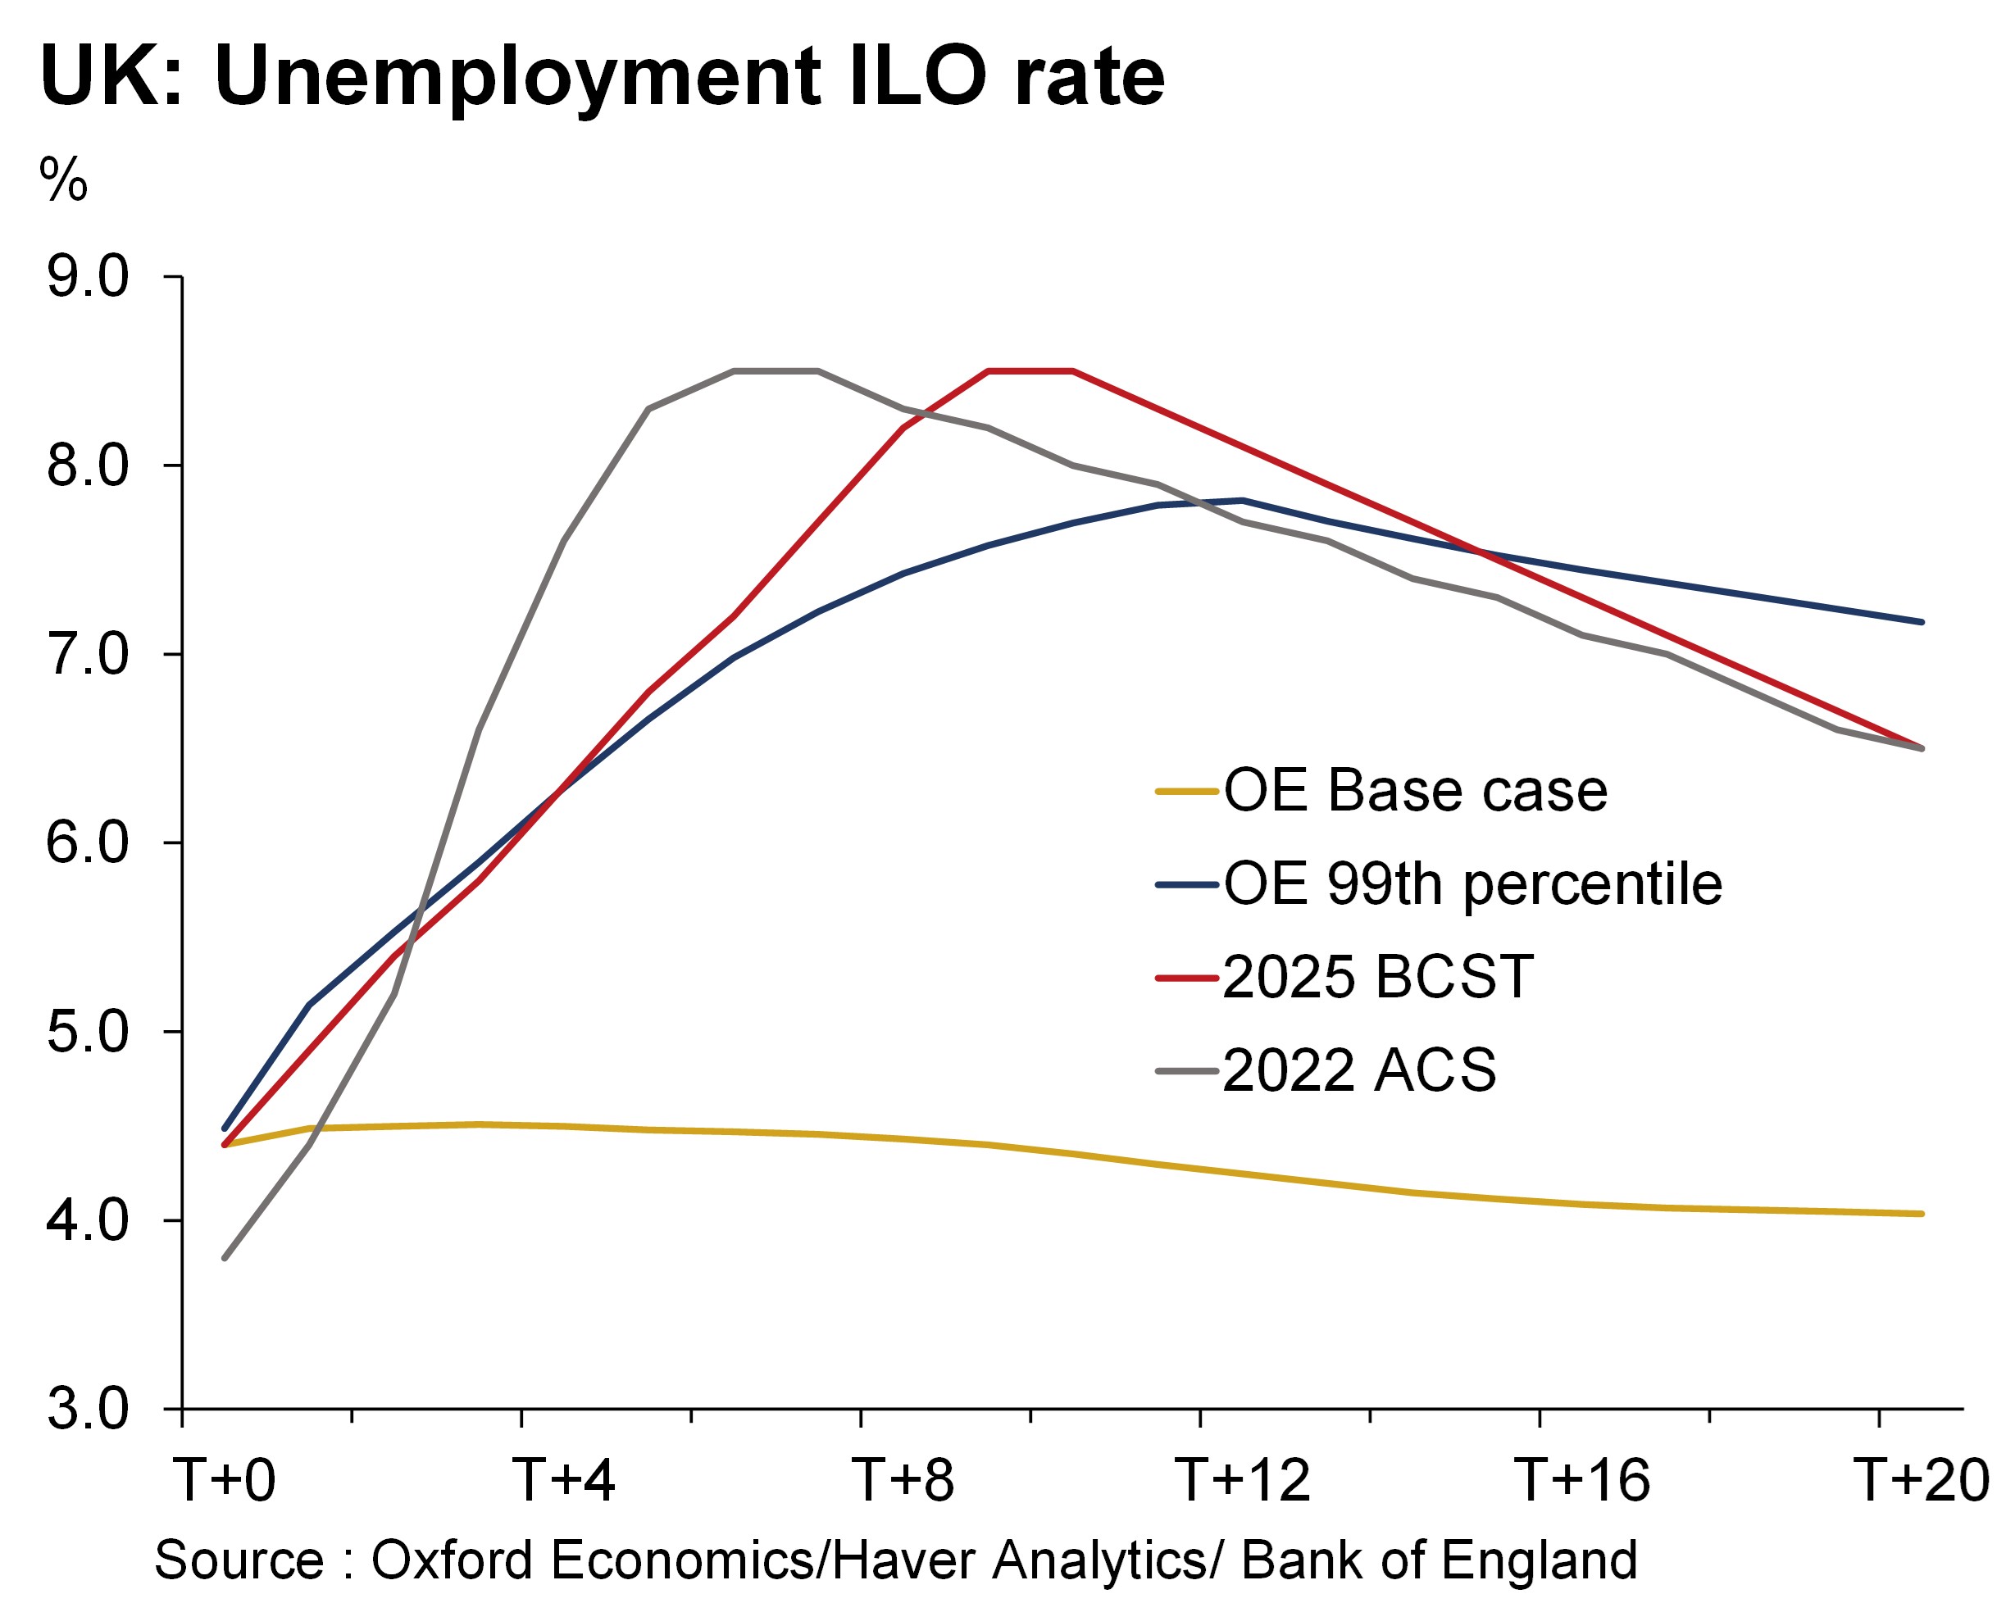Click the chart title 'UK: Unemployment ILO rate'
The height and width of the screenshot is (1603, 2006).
click(602, 76)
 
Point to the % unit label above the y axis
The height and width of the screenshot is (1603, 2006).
click(63, 179)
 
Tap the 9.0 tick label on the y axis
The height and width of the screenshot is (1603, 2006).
click(88, 277)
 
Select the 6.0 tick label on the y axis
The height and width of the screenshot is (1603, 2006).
click(88, 843)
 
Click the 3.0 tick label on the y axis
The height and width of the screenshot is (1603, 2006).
click(88, 1410)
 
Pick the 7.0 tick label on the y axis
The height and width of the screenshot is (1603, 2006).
click(88, 654)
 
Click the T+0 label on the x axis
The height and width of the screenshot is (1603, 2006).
click(225, 1480)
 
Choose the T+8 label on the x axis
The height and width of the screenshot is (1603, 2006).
click(903, 1480)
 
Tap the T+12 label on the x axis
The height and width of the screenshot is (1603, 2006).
click(1243, 1480)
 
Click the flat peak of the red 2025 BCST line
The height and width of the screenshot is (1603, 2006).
click(1031, 371)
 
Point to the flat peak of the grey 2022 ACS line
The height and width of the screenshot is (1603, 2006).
click(776, 371)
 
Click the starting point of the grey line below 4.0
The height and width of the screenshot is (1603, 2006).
click(225, 1258)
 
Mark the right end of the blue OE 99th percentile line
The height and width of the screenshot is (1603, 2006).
click(1922, 621)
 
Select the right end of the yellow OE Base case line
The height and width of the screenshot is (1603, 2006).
click(1922, 1213)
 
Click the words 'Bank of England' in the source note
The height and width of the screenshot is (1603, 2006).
click(1439, 1560)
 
